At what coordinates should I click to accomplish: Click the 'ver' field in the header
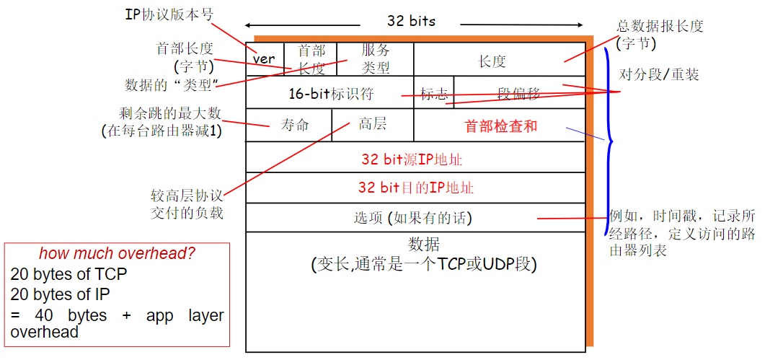click(x=265, y=59)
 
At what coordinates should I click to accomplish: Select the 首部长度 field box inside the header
click(x=311, y=59)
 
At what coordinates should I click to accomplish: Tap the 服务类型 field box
click(x=375, y=59)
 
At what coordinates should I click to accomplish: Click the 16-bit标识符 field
click(x=330, y=93)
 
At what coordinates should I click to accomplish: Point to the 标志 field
click(x=434, y=93)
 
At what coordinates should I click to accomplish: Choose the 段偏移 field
click(x=519, y=93)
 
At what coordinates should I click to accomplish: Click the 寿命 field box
click(x=294, y=125)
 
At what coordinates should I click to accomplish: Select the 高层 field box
click(x=372, y=124)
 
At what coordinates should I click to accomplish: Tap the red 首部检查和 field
click(x=500, y=126)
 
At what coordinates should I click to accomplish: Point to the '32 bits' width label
click(x=411, y=21)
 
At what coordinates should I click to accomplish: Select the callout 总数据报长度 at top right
click(x=660, y=26)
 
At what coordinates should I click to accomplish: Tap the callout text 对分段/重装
click(x=659, y=74)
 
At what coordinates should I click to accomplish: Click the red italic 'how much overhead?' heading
click(x=117, y=254)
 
